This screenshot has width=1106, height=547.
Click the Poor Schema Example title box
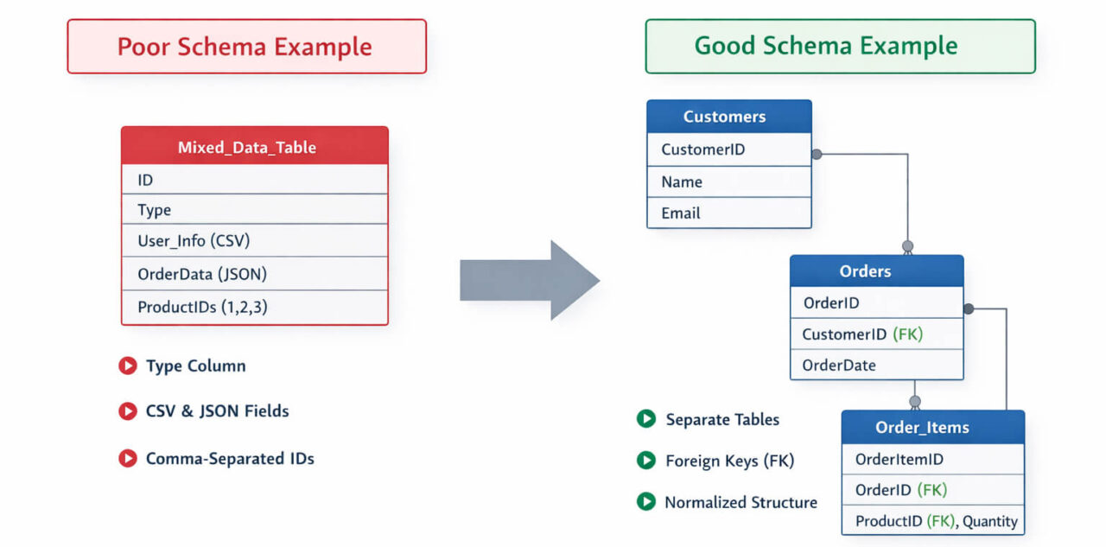[246, 47]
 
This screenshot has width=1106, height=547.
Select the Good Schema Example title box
[840, 47]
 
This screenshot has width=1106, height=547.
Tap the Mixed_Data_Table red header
[255, 147]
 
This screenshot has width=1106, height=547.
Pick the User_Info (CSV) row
[255, 241]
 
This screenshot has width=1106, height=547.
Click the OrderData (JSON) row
[255, 274]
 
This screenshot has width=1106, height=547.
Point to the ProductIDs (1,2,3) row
[255, 307]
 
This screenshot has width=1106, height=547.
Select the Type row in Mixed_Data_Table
[255, 210]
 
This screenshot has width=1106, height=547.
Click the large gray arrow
[529, 280]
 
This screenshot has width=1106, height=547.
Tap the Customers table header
[729, 117]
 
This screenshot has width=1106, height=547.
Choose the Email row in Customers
[729, 213]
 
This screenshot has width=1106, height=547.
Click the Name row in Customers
[729, 181]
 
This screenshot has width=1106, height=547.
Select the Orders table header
[876, 271]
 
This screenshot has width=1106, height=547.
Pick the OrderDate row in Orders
[876, 365]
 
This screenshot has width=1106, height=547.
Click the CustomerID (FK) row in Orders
[876, 334]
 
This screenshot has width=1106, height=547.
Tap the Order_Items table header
[933, 427]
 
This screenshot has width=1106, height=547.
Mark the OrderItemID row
[933, 460]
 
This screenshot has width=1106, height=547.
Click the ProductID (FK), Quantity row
[933, 521]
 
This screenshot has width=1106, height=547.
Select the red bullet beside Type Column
[128, 366]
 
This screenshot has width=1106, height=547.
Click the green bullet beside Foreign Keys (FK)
[645, 461]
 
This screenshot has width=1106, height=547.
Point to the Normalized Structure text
[741, 502]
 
